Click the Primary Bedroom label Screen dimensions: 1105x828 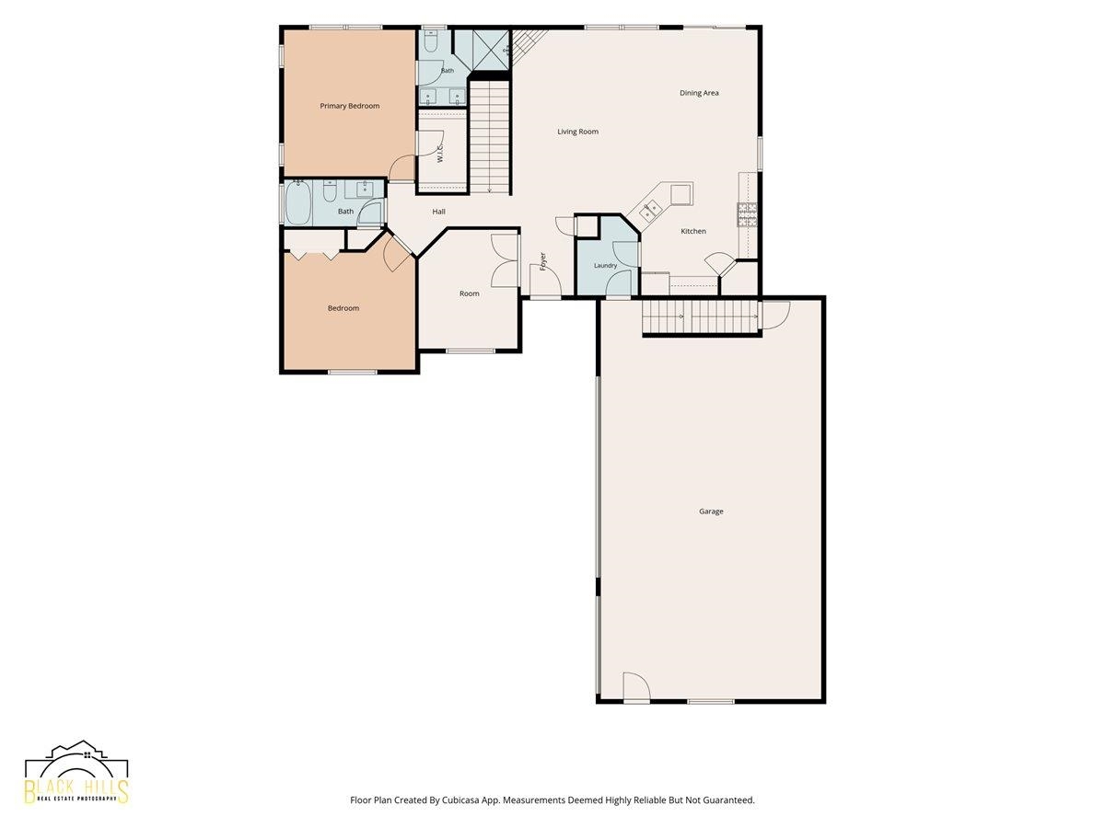(x=349, y=106)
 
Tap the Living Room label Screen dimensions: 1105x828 (x=577, y=132)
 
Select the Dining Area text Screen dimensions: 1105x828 (x=699, y=93)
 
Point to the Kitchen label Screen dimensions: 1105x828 (x=693, y=231)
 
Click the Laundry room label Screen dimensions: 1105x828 (x=605, y=265)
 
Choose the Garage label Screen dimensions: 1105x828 (x=711, y=512)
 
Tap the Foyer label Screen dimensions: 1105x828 (x=542, y=261)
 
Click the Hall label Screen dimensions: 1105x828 (x=438, y=212)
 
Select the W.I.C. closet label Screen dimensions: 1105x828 (x=439, y=153)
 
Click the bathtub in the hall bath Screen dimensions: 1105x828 (x=298, y=203)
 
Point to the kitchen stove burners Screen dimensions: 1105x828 (x=747, y=214)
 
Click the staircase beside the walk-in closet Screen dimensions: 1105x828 (x=489, y=137)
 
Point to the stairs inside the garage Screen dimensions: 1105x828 (x=700, y=316)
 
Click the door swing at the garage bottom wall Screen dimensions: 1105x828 (x=636, y=685)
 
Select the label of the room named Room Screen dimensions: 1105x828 (x=470, y=293)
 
